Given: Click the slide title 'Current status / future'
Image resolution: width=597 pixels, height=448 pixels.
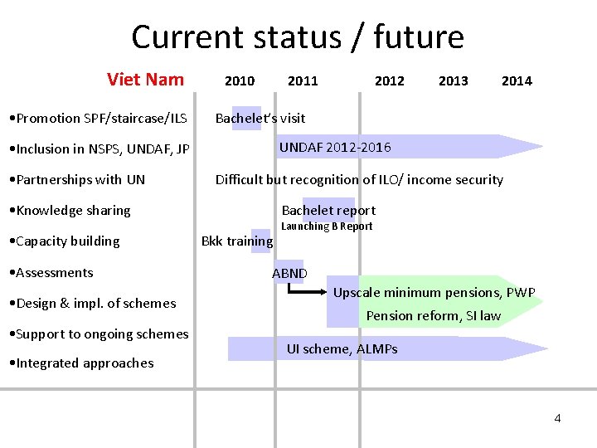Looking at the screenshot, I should coord(298,37).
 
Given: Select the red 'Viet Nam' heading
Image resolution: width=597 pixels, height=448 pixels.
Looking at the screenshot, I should coord(145,80).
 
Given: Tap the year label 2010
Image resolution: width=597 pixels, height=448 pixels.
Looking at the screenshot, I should coord(240,80).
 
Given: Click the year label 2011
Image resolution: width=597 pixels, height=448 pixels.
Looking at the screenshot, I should coord(303,80).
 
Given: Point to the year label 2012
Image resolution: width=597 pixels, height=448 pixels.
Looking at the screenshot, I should coord(390,80).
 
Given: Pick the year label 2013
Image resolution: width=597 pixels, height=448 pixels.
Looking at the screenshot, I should coord(453,80).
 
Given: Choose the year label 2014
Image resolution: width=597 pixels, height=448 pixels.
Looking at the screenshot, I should coord(517,80).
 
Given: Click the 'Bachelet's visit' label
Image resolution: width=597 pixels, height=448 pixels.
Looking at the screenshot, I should coord(260,118).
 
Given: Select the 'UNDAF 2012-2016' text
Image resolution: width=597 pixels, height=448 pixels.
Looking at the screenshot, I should coord(335,148).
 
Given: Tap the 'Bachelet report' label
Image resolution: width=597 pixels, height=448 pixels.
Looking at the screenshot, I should coord(328,210).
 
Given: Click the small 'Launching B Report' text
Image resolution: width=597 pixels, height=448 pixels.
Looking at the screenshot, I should coord(327,226).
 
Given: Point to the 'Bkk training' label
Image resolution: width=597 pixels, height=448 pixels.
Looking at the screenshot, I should coord(237,241).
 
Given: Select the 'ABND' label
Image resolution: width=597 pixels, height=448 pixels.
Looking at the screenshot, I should coord(289,273).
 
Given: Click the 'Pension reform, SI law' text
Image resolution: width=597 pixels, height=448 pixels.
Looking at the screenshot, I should coord(434,315).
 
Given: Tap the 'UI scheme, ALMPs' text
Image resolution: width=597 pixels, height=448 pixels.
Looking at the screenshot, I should coord(342,348).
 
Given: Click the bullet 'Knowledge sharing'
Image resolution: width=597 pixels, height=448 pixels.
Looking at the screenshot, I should coord(73,211).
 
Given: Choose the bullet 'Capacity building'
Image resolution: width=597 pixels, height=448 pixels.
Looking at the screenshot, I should coord(67,241).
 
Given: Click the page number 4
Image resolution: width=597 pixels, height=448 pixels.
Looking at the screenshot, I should coord(557,418).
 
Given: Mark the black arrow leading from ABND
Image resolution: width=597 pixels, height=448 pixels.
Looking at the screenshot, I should coord(307,291).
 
